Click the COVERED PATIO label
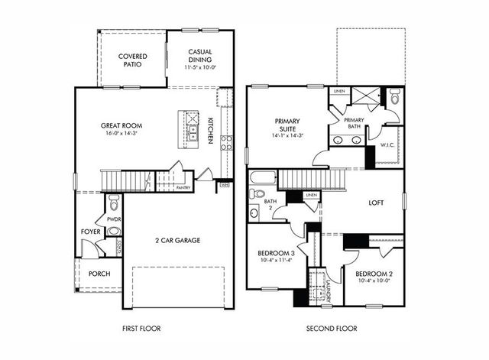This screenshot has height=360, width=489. (x=133, y=61)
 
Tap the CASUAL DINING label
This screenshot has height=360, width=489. (x=200, y=57)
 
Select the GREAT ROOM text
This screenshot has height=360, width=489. (x=122, y=125)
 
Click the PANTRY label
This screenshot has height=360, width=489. (x=183, y=187)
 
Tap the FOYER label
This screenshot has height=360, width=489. (x=90, y=230)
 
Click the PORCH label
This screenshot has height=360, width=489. (x=99, y=274)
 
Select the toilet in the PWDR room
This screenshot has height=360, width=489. (x=114, y=203)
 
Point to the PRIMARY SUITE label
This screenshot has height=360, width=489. (x=287, y=125)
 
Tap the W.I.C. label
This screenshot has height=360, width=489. (x=386, y=144)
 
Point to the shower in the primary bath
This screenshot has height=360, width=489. (x=361, y=97)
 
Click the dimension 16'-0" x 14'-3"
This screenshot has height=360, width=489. (x=122, y=135)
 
